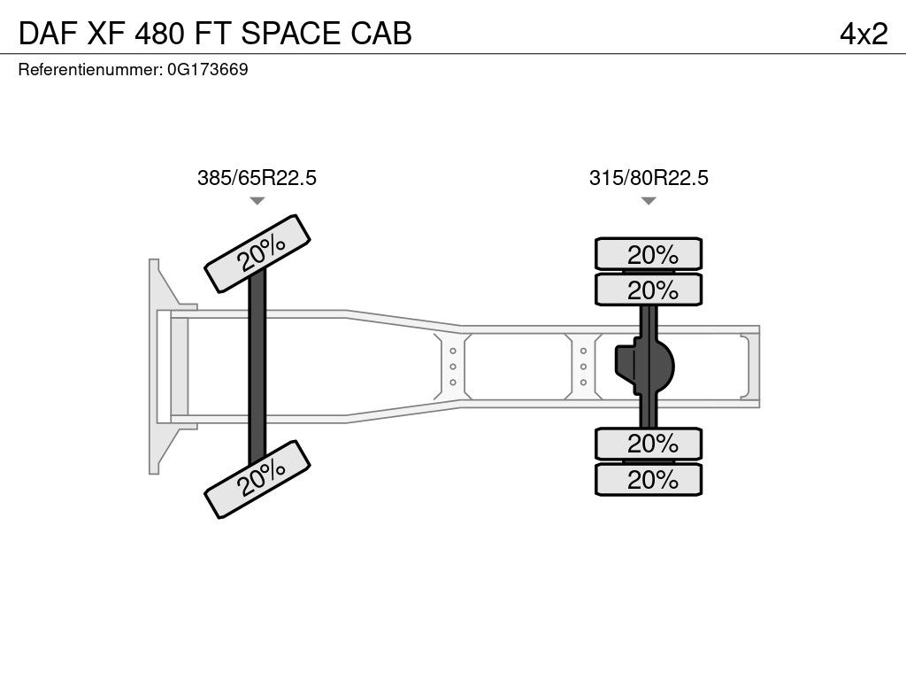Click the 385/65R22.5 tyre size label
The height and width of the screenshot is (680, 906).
pos(257,177)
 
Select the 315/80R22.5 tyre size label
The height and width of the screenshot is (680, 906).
pos(649,177)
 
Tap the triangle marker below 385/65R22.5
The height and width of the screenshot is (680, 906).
pos(257,201)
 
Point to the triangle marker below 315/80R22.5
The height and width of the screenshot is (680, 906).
pos(649,201)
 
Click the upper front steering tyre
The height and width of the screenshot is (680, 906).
pos(257,253)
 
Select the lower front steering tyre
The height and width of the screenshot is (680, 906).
pos(257,479)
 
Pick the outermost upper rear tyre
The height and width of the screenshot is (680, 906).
pos(649,253)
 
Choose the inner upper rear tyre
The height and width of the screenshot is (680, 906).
pos(649,290)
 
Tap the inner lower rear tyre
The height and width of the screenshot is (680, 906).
pos(649,444)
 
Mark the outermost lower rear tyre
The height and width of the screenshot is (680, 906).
pos(649,479)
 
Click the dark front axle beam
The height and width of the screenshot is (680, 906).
pos(257,367)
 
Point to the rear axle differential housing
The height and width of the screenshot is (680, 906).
pos(644,367)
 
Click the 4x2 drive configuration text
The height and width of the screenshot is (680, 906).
pos(864,34)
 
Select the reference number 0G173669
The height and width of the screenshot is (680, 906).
pos(207,69)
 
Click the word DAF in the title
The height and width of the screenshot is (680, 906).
pos(48,34)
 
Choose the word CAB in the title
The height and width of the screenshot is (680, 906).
pos(381,34)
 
